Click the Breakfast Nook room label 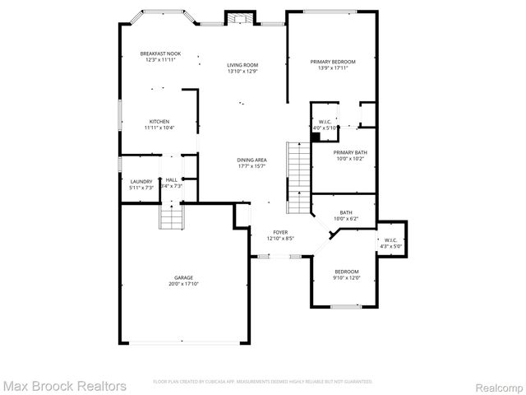click(x=162, y=57)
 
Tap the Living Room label click(x=243, y=67)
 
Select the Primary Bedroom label click(x=333, y=64)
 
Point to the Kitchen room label click(x=159, y=124)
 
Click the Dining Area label click(x=251, y=162)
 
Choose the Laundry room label click(x=141, y=184)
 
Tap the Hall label click(x=172, y=183)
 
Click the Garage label click(x=184, y=281)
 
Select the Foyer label click(x=280, y=235)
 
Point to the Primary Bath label click(x=351, y=156)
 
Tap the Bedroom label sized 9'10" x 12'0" click(x=346, y=274)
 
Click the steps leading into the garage click(x=169, y=218)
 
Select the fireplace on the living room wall click(x=239, y=20)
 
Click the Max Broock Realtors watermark click(x=64, y=385)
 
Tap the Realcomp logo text click(x=496, y=385)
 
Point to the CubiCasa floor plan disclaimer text click(x=263, y=382)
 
